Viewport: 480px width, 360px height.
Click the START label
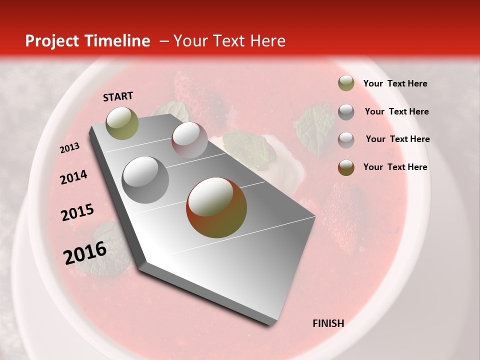118,96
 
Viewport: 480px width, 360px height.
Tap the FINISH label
328,323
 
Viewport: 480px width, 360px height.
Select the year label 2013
69,148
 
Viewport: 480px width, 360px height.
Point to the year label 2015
77,212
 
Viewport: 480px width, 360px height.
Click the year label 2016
85,253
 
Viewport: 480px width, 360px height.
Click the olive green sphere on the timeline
122,123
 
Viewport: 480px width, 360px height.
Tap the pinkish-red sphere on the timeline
189,139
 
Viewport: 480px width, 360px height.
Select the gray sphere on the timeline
145,179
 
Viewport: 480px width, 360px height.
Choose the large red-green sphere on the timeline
216,207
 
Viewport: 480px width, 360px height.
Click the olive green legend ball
346,83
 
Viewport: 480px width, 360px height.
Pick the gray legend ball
346,111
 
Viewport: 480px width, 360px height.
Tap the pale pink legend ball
346,139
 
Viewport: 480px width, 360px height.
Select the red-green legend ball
346,167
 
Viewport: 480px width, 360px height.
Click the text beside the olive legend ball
395,83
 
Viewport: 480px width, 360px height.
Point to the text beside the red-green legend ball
395,167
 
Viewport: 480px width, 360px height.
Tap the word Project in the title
52,41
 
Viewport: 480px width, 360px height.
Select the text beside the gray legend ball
396,111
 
